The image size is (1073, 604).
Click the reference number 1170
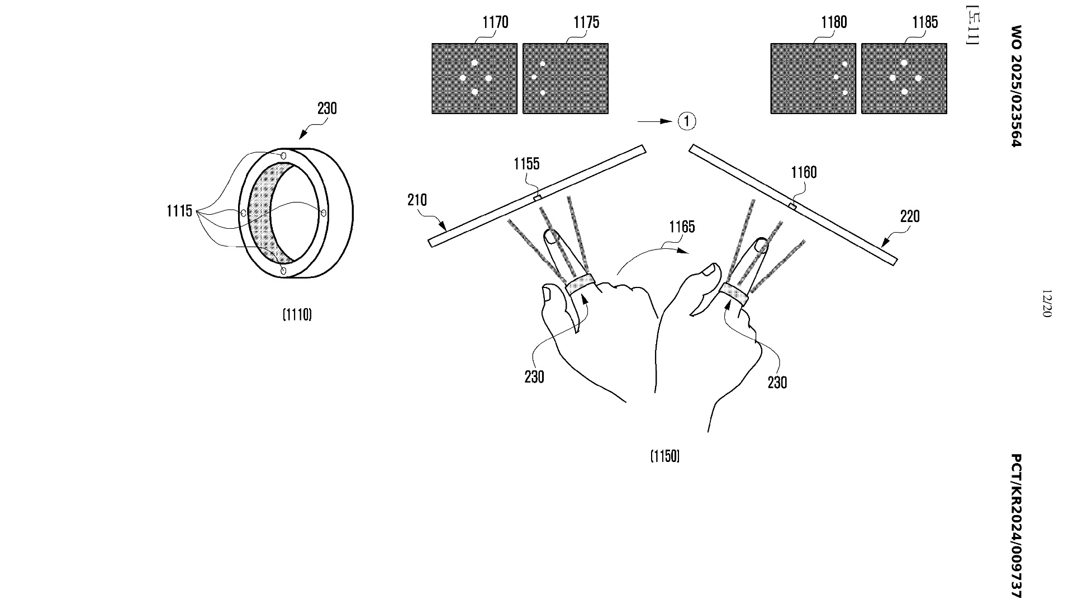point(495,22)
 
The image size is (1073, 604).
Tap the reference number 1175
point(586,22)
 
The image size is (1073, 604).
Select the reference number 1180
point(834,22)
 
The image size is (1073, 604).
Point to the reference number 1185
point(925,22)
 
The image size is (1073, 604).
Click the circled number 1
point(687,121)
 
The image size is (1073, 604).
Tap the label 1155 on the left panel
point(527,164)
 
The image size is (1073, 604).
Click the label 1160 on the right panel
point(804,173)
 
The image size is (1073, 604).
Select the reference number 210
point(417,200)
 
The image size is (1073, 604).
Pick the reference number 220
point(910,216)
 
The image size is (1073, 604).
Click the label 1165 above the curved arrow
point(682,227)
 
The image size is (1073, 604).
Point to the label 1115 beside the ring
point(179,211)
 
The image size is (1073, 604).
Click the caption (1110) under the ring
point(297,315)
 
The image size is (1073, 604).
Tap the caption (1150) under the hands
point(665,457)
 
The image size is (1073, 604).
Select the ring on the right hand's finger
point(734,294)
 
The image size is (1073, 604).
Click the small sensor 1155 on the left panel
point(537,196)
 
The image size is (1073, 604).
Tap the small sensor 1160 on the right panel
point(792,206)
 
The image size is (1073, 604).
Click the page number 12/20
point(1047,304)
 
